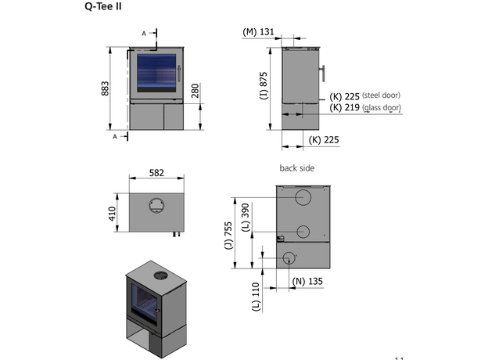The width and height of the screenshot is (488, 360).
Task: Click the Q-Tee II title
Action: coord(103,7)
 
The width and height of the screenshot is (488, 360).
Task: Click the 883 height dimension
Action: coord(106,88)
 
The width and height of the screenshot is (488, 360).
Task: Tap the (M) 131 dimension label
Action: coord(258,32)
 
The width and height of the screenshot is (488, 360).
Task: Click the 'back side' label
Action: coord(296,167)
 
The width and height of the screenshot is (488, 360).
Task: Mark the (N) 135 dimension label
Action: coord(307,280)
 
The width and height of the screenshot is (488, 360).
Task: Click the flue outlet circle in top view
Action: coord(157,204)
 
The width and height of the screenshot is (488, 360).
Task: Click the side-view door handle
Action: coord(324,74)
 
